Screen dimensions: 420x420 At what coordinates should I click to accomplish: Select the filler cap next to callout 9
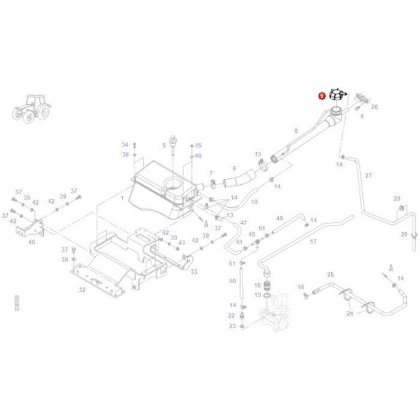(x=337, y=96)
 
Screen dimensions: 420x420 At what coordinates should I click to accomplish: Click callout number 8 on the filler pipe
(x=295, y=131)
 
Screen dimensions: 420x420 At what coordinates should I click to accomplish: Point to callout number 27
(x=368, y=175)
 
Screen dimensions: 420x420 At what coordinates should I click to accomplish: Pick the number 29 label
(x=397, y=199)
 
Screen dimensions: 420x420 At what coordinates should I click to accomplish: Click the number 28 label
(x=404, y=234)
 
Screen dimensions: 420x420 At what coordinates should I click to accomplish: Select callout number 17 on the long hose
(x=313, y=242)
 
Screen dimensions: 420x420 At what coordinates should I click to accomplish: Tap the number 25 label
(x=329, y=274)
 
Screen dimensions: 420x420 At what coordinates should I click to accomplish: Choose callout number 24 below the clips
(x=349, y=314)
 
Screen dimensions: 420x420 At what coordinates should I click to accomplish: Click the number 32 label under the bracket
(x=82, y=290)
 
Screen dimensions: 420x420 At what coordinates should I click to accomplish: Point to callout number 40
(x=31, y=242)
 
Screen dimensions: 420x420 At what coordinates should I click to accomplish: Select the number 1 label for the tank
(x=122, y=197)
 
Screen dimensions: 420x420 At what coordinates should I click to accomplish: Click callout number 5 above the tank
(x=164, y=145)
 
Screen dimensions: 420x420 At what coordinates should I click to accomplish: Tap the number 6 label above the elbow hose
(x=234, y=169)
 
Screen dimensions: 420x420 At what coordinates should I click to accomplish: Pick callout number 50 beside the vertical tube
(x=233, y=280)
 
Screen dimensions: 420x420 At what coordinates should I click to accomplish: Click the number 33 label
(x=194, y=272)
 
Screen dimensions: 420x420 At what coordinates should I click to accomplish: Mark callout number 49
(x=279, y=218)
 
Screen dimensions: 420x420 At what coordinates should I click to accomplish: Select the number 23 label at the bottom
(x=233, y=326)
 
